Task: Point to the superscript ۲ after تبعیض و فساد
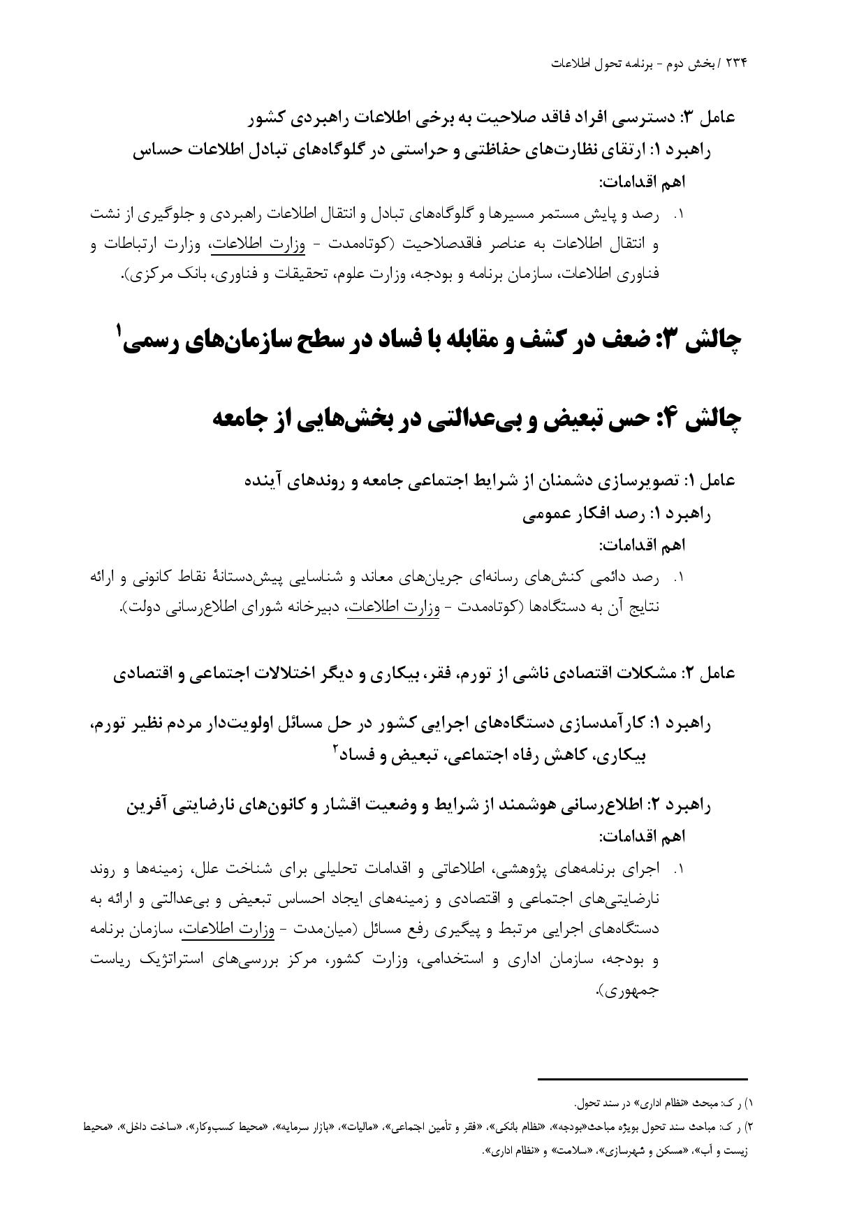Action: click(x=336, y=749)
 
